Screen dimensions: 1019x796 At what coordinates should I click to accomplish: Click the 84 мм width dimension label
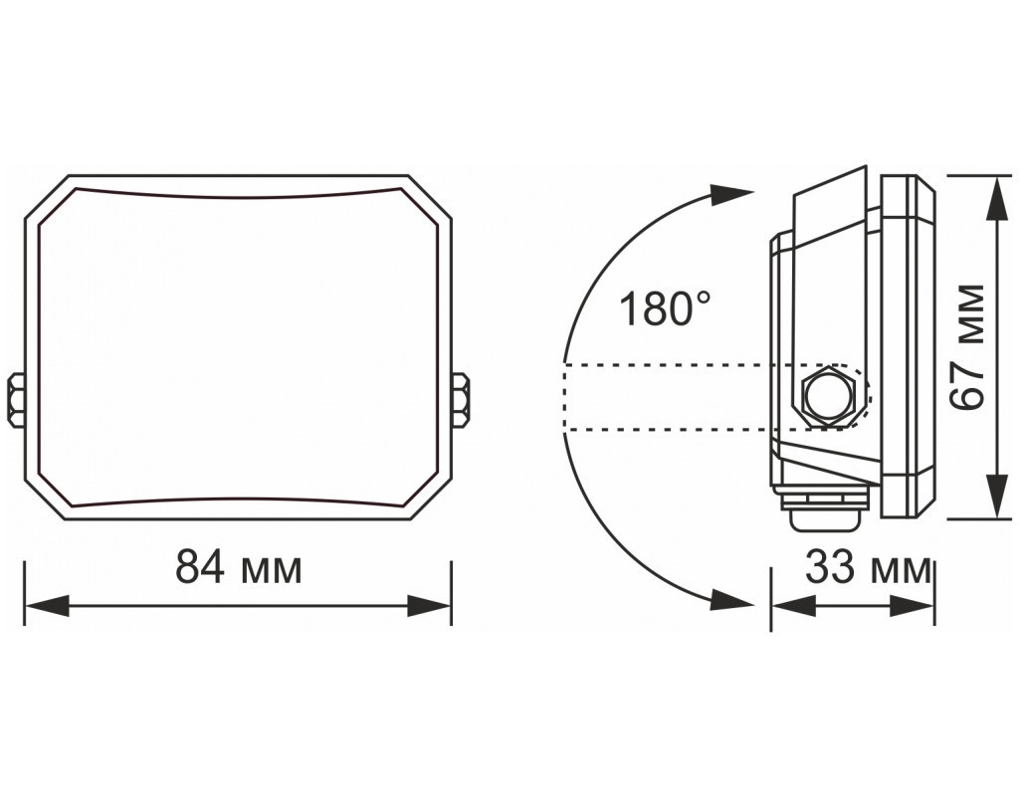(x=239, y=568)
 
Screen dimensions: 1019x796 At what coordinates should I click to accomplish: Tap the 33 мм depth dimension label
(x=868, y=568)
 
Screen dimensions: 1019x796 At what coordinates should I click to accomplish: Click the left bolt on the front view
(x=16, y=400)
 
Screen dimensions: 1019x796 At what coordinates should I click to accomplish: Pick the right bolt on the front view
(x=461, y=400)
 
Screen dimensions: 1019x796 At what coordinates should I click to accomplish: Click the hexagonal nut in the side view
(x=826, y=396)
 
